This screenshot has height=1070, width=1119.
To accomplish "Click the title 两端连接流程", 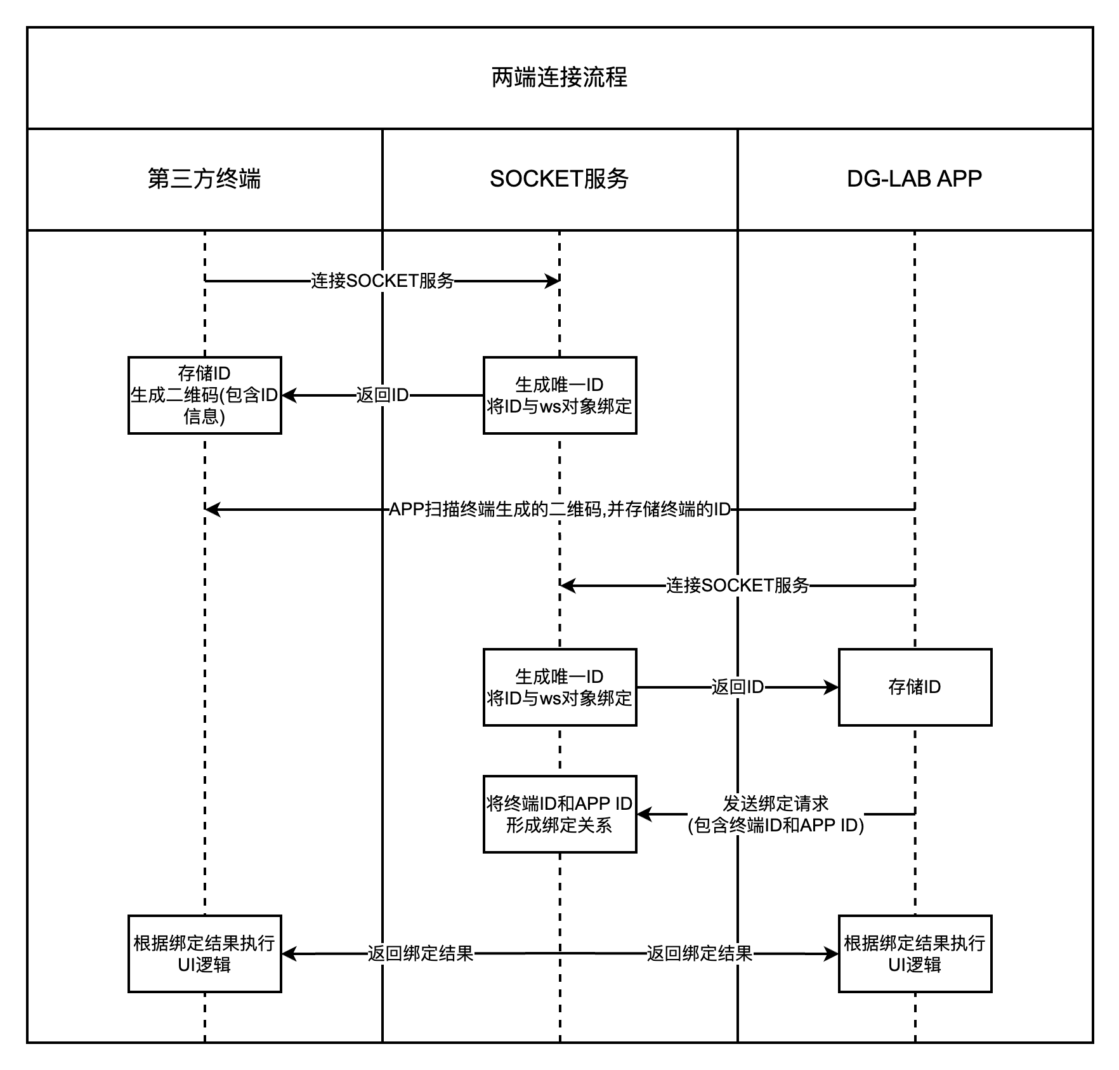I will pyautogui.click(x=559, y=77).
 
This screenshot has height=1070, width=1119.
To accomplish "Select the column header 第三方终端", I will pyautogui.click(x=204, y=179).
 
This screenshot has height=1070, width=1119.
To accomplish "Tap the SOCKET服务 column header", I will pyautogui.click(x=559, y=179).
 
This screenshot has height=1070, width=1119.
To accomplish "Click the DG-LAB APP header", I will pyautogui.click(x=914, y=179).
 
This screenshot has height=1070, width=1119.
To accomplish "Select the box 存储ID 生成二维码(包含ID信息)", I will pyautogui.click(x=204, y=395).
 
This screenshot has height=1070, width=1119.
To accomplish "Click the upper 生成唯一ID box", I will pyautogui.click(x=559, y=395).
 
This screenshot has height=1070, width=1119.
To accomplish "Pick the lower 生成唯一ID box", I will pyautogui.click(x=559, y=687).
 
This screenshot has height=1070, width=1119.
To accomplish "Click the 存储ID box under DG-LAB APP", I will pyautogui.click(x=914, y=687).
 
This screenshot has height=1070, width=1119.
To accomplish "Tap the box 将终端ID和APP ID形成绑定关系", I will pyautogui.click(x=559, y=814).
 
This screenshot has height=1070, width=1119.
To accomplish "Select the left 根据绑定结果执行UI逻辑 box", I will pyautogui.click(x=204, y=953).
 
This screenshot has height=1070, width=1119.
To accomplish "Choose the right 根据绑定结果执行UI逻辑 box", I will pyautogui.click(x=914, y=953).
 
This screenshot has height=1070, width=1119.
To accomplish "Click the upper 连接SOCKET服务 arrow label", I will pyautogui.click(x=382, y=281).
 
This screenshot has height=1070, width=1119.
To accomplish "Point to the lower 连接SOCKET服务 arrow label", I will pyautogui.click(x=737, y=585).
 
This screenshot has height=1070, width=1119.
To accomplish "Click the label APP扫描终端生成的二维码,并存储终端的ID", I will pyautogui.click(x=559, y=509).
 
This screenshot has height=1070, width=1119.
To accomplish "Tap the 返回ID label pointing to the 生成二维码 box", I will pyautogui.click(x=382, y=395).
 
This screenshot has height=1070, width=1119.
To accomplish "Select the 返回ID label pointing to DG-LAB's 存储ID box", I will pyautogui.click(x=737, y=687).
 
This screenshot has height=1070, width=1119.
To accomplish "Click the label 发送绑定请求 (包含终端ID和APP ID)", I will pyautogui.click(x=775, y=814).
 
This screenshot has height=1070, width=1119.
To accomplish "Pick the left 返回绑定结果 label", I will pyautogui.click(x=420, y=953).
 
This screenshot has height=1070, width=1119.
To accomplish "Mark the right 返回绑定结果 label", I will pyautogui.click(x=699, y=953).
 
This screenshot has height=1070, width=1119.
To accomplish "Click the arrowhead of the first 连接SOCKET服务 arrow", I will pyautogui.click(x=553, y=281).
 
